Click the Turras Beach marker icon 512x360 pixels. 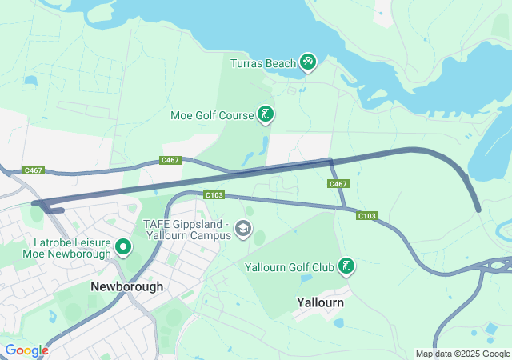click(308, 62)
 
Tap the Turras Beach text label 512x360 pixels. click(264, 62)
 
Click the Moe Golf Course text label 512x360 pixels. click(212, 115)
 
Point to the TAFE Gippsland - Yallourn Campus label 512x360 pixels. click(186, 230)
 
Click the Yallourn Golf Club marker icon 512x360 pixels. click(346, 266)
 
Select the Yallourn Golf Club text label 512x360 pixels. click(290, 266)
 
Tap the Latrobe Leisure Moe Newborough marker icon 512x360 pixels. click(123, 247)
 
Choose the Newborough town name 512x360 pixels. click(126, 286)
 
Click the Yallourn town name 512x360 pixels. click(320, 303)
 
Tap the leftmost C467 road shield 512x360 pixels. click(34, 170)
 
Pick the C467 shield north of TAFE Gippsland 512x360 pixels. click(170, 160)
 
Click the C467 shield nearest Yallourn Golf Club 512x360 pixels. click(338, 184)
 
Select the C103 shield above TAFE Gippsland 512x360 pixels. click(214, 195)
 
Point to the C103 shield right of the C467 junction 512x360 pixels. click(367, 215)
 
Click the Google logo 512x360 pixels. click(26, 350)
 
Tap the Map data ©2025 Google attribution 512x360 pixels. click(462, 354)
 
